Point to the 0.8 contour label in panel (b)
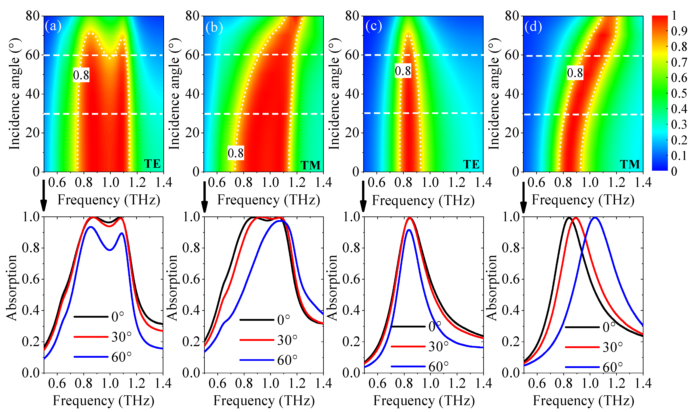point(235,153)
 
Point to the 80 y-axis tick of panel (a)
point(33,16)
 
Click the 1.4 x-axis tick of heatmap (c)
point(483,182)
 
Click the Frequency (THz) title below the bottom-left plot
point(104,401)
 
